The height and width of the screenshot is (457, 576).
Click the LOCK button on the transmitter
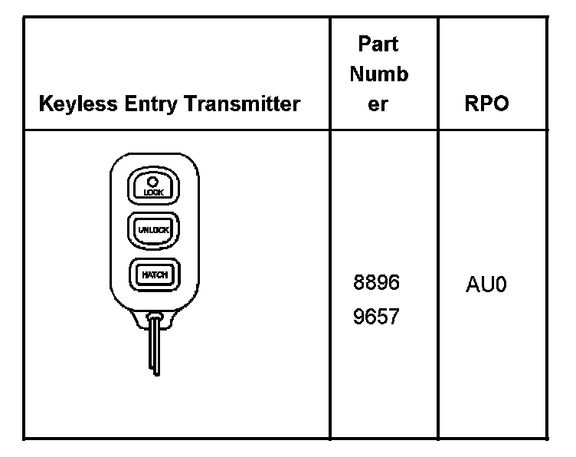pos(153,187)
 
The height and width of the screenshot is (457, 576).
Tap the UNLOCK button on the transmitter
pos(153,229)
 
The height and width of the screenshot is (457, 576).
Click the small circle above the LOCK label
pos(153,182)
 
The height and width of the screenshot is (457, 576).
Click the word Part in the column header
pos(378,44)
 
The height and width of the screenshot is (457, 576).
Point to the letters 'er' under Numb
pos(378,104)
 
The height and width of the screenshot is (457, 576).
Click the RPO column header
pos(486,104)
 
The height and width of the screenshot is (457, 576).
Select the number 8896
pos(376,283)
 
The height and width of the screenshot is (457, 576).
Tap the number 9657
pos(376,315)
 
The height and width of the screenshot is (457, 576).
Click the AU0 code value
pos(486,286)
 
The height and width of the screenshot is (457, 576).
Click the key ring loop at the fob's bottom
pos(154,314)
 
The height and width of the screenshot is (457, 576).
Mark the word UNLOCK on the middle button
pos(153,229)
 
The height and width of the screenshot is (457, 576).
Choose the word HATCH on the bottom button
pos(154,274)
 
